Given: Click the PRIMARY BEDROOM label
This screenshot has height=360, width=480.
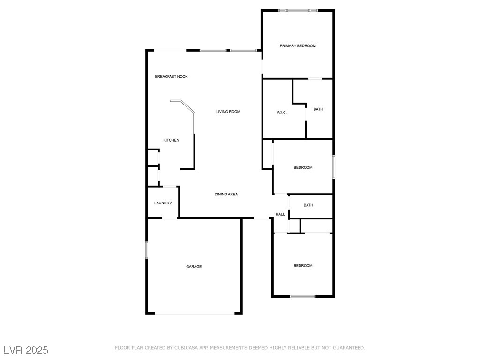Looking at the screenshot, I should click(x=298, y=46).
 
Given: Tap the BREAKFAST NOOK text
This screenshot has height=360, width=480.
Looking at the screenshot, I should click(x=172, y=76).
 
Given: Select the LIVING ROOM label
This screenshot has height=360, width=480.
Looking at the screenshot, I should click(x=228, y=112).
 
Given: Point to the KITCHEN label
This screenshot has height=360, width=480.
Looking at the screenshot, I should click(x=171, y=140).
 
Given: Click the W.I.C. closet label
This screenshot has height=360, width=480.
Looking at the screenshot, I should click(x=282, y=112).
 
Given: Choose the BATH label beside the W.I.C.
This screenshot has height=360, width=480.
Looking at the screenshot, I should click(x=318, y=109).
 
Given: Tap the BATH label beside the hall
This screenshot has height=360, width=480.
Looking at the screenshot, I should click(x=308, y=205).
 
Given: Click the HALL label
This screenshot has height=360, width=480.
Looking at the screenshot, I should click(x=280, y=214).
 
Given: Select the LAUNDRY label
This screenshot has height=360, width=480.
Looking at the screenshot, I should click(x=163, y=203).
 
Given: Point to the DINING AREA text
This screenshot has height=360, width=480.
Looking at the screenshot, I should click(x=226, y=194).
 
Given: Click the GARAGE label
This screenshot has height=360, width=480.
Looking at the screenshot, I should click(x=194, y=267).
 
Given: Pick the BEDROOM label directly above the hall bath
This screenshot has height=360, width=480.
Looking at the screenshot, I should click(x=303, y=168).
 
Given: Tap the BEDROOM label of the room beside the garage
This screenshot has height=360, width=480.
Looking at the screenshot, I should click(x=303, y=266).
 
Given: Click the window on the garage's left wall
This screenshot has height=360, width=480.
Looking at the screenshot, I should click(x=147, y=250).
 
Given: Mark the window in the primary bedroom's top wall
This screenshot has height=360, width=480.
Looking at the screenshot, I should click(x=298, y=10).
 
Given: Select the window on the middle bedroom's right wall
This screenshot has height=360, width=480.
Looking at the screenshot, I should click(x=333, y=167).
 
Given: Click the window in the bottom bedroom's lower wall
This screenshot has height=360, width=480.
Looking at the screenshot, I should click(x=303, y=296).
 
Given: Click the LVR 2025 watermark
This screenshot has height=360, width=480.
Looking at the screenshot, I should click(x=26, y=350).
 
